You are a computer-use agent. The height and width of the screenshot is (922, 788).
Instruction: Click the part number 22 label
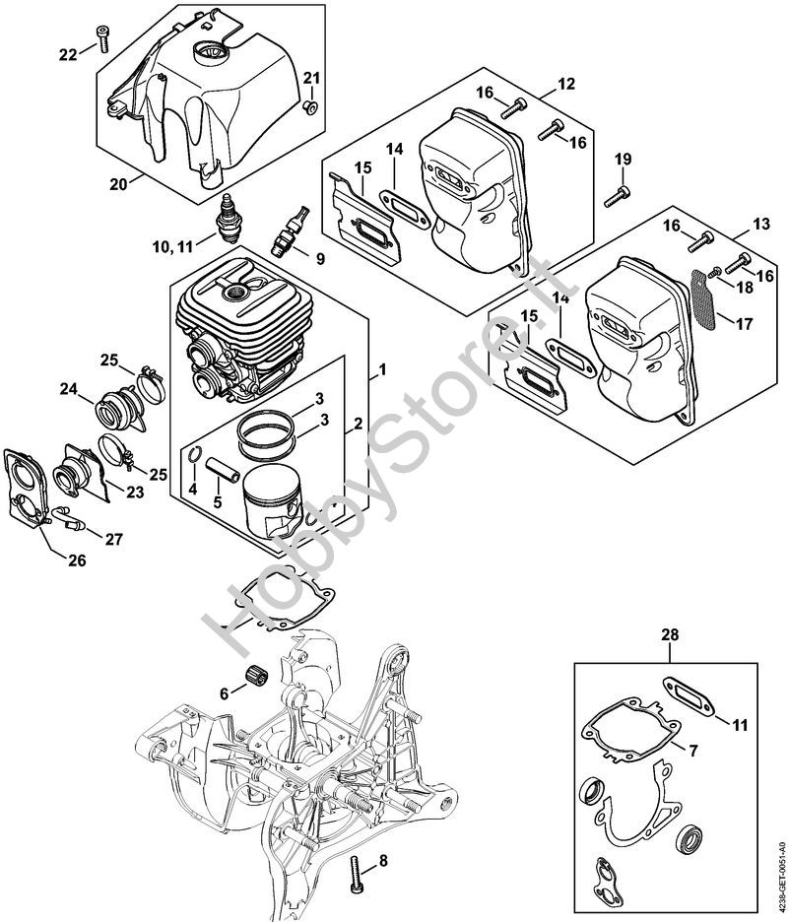[x=67, y=54]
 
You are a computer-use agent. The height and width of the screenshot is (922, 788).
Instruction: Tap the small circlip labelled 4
[x=196, y=456]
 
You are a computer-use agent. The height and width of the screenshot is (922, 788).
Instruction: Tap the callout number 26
[x=76, y=560]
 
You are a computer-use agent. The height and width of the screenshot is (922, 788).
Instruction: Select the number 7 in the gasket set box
[x=693, y=752]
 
